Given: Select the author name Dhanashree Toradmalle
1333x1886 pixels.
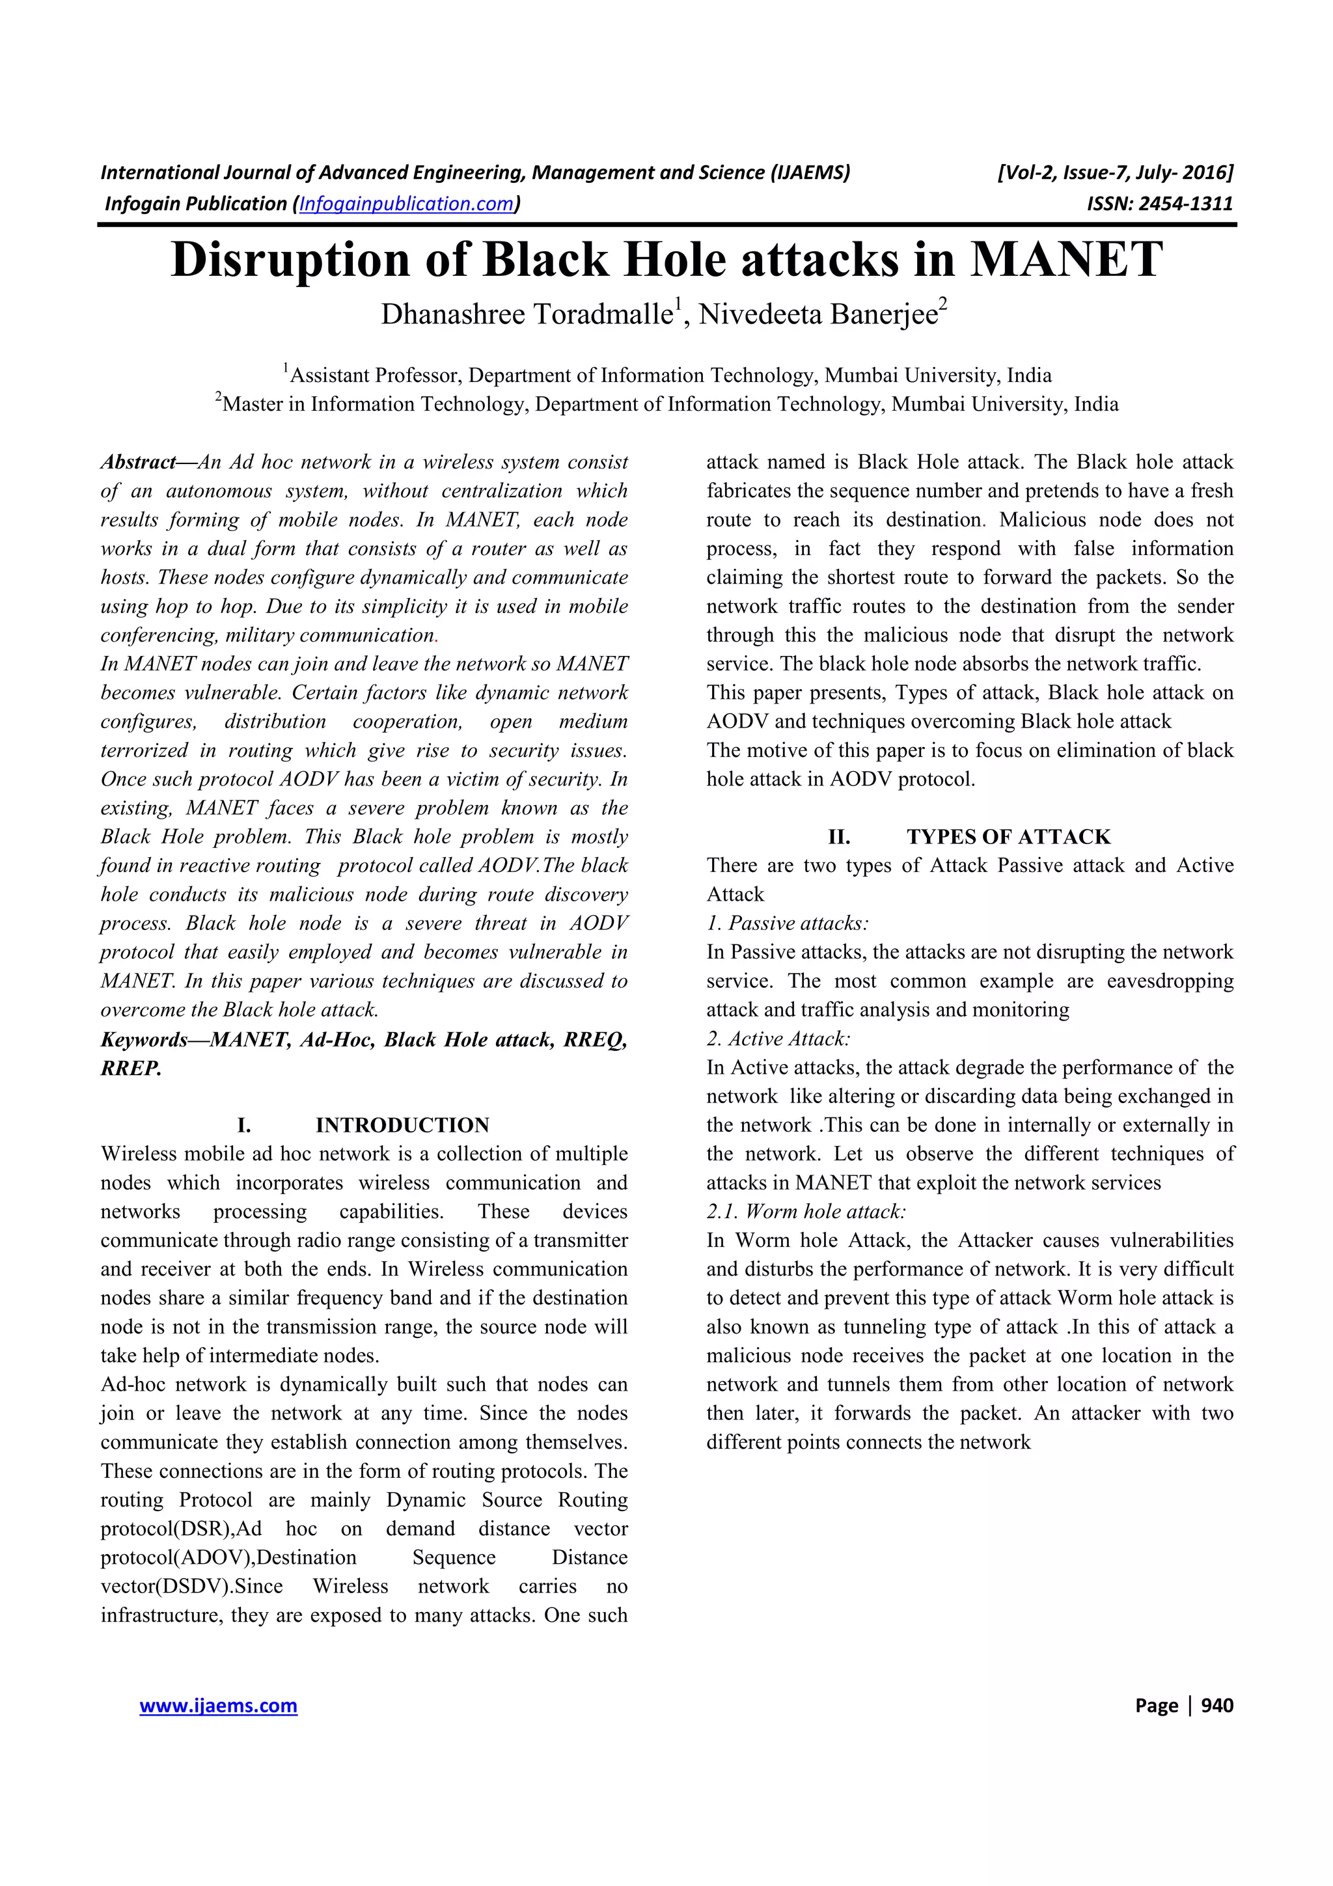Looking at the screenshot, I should (526, 314).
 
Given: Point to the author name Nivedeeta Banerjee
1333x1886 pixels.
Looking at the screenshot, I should (818, 314).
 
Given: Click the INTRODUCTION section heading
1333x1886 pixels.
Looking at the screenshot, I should (402, 1125).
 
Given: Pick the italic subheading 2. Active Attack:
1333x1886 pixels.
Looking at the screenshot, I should (778, 1039).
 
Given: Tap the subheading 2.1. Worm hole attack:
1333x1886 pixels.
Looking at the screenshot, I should (806, 1212).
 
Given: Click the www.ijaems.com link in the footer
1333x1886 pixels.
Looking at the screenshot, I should (219, 1705).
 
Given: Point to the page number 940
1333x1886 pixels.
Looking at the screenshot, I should (1216, 1705).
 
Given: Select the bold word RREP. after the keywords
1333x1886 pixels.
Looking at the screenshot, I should (131, 1069).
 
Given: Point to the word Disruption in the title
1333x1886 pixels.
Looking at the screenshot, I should (290, 260).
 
